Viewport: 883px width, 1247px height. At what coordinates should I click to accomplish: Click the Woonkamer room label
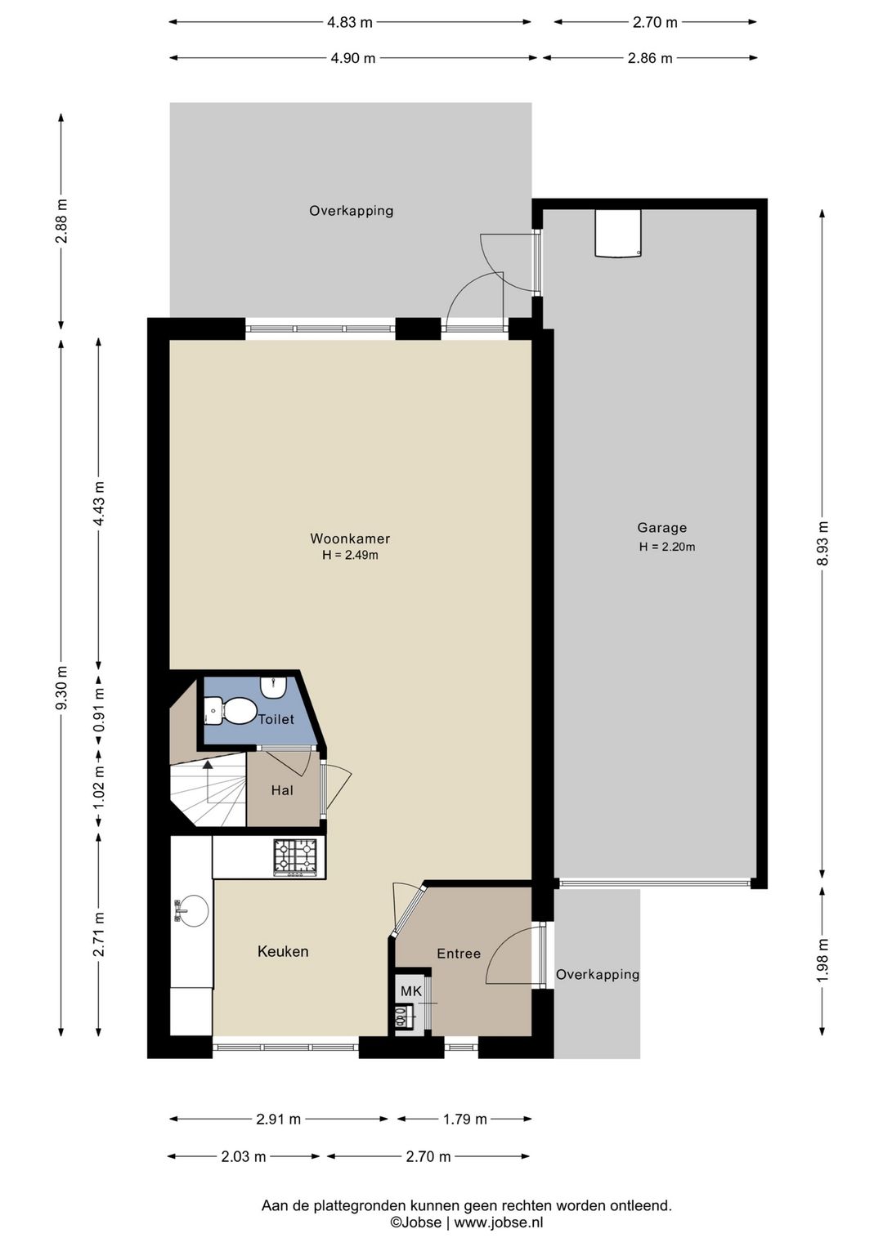pos(350,539)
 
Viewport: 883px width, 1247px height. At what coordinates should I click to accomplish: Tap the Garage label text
pos(661,528)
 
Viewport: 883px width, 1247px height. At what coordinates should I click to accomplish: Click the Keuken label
pos(283,951)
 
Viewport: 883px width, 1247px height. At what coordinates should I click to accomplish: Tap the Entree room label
pos(459,954)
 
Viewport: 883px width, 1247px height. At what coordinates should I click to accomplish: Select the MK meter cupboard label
pos(411,991)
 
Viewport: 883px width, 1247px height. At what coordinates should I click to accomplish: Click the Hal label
pos(282,790)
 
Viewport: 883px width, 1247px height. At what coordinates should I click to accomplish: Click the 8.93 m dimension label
pos(822,543)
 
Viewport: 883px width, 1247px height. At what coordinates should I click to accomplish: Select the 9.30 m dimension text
pos(62,688)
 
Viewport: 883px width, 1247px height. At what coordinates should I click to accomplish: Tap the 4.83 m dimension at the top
pos(349,22)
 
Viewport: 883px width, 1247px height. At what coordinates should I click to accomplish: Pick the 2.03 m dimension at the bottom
pos(244,1157)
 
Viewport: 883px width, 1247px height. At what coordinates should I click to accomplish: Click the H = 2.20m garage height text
pos(667,547)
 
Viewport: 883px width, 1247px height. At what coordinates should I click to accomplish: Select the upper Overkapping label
pos(351,211)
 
